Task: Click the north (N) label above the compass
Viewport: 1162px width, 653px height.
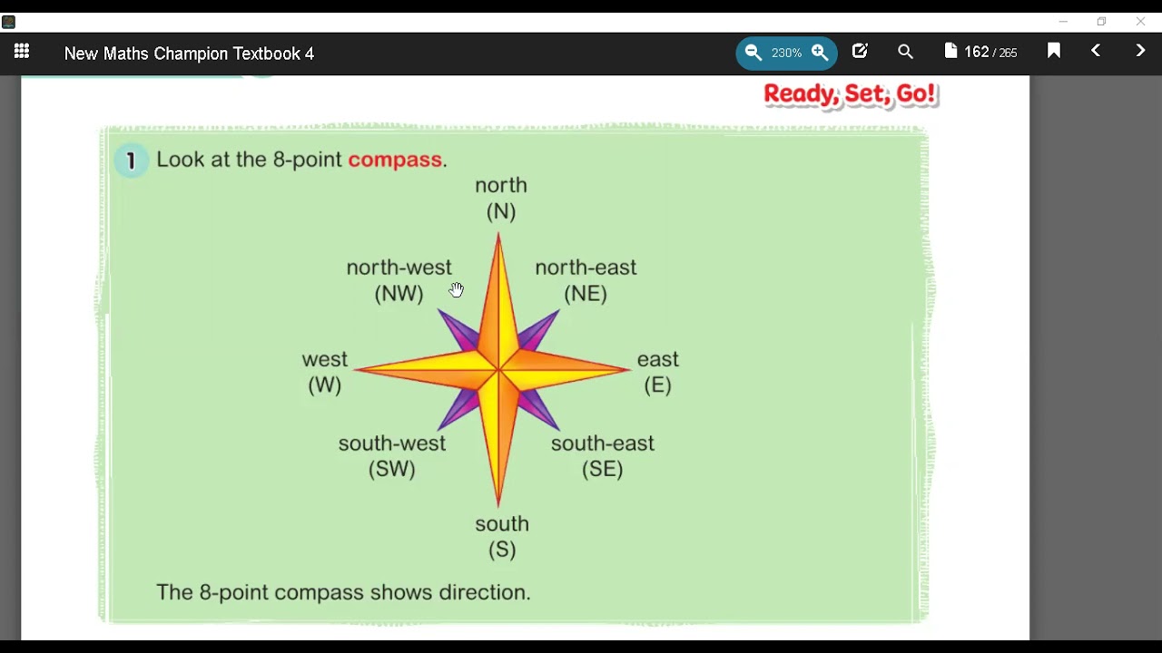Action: pyautogui.click(x=501, y=199)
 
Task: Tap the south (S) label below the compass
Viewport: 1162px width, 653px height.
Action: pyautogui.click(x=502, y=537)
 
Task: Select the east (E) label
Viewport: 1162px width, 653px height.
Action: pyautogui.click(x=658, y=373)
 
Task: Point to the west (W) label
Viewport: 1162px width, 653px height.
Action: pyautogui.click(x=325, y=373)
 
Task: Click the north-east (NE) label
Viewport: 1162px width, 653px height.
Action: pyautogui.click(x=586, y=280)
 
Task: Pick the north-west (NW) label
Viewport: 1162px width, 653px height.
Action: pyautogui.click(x=399, y=280)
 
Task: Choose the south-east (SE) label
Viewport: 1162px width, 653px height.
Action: pyautogui.click(x=603, y=456)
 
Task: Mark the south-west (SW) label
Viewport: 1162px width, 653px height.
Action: pyautogui.click(x=392, y=456)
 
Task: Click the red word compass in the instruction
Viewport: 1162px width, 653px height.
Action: pyautogui.click(x=395, y=161)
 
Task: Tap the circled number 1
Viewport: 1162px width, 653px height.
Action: pyautogui.click(x=132, y=161)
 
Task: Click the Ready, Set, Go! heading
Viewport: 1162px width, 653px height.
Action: pyautogui.click(x=850, y=94)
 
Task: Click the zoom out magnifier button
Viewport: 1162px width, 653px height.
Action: pyautogui.click(x=753, y=54)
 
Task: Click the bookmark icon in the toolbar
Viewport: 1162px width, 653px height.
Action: pyautogui.click(x=1054, y=52)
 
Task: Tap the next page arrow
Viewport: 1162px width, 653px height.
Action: pyautogui.click(x=1140, y=52)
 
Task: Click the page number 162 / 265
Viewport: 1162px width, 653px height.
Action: pyautogui.click(x=980, y=53)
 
